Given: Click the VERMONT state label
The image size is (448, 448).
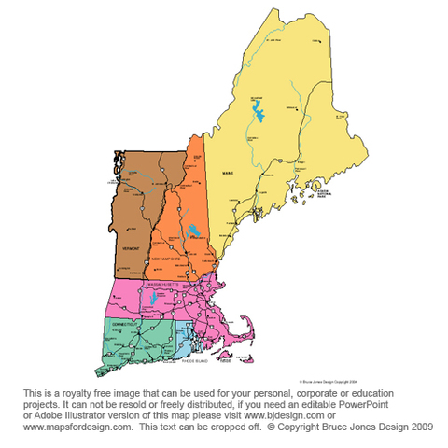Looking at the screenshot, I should (x=131, y=250).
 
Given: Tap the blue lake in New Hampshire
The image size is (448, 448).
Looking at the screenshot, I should (x=192, y=231).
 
